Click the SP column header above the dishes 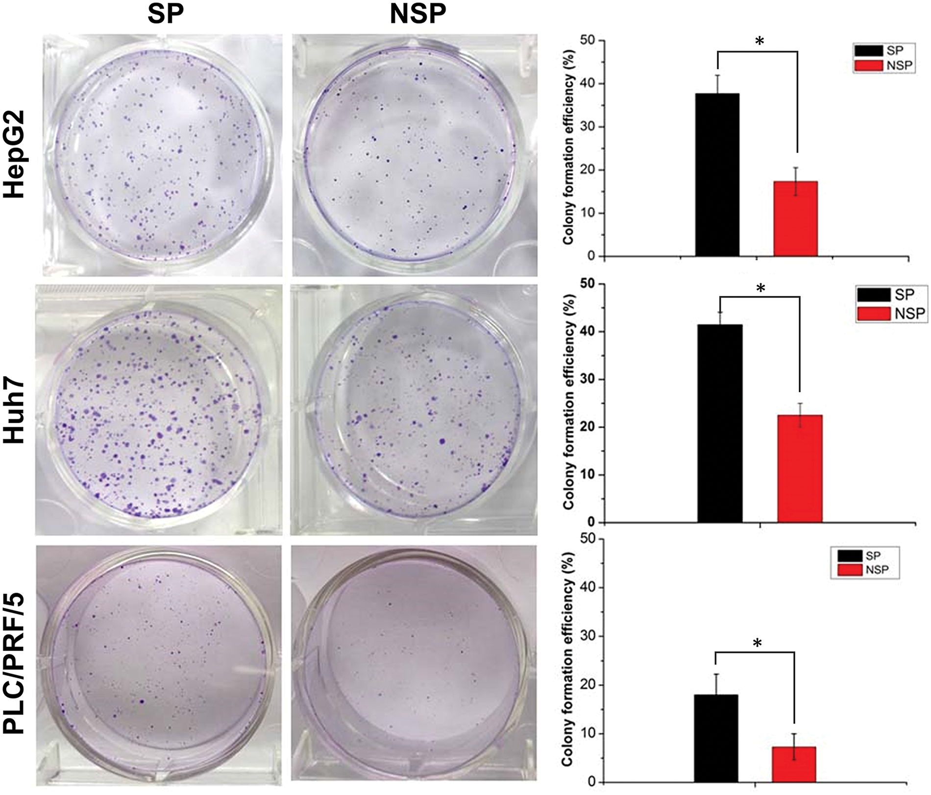point(166,14)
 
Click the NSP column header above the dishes point(417,14)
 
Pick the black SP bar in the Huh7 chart point(720,423)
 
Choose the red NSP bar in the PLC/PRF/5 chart point(794,764)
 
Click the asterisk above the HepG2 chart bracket point(759,41)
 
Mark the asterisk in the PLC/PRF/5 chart point(757,643)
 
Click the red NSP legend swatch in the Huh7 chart point(874,313)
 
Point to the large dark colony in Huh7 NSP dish point(442,441)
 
